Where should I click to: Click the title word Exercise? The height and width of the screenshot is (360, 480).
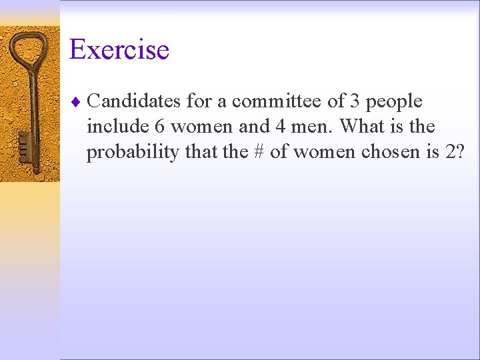(119, 49)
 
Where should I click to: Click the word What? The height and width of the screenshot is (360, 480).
(362, 127)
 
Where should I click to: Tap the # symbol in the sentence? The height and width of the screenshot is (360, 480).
(259, 152)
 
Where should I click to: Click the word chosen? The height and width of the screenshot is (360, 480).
(389, 152)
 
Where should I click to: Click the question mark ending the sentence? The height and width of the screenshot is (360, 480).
(459, 152)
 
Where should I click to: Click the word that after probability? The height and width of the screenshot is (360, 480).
(200, 152)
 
